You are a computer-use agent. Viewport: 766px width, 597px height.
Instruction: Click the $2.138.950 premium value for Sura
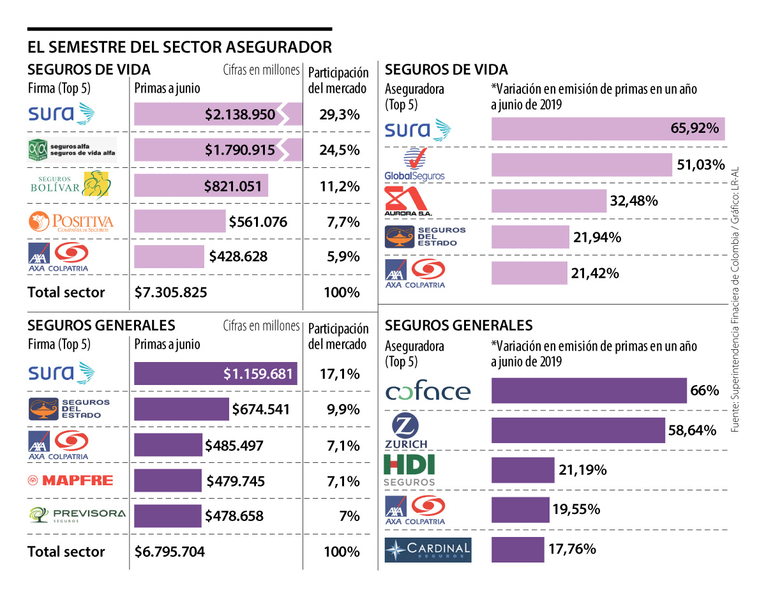[240, 115]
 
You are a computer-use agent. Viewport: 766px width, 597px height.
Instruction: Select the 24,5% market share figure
[340, 151]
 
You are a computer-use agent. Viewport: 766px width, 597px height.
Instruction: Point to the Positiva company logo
[71, 222]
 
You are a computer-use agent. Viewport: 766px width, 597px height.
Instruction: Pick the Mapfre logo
[70, 480]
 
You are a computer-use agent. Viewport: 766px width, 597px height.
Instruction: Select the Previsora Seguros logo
[77, 515]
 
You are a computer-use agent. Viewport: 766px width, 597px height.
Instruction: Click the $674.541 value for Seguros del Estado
[260, 409]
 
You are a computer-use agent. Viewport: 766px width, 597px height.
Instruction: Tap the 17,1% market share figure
[340, 374]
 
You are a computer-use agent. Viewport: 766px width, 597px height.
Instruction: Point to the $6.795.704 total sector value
[170, 552]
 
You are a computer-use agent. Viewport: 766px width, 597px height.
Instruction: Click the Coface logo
[428, 391]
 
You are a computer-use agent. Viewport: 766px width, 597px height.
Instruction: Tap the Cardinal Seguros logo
[428, 550]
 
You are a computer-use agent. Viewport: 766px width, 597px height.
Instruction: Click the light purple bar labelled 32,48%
[548, 201]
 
